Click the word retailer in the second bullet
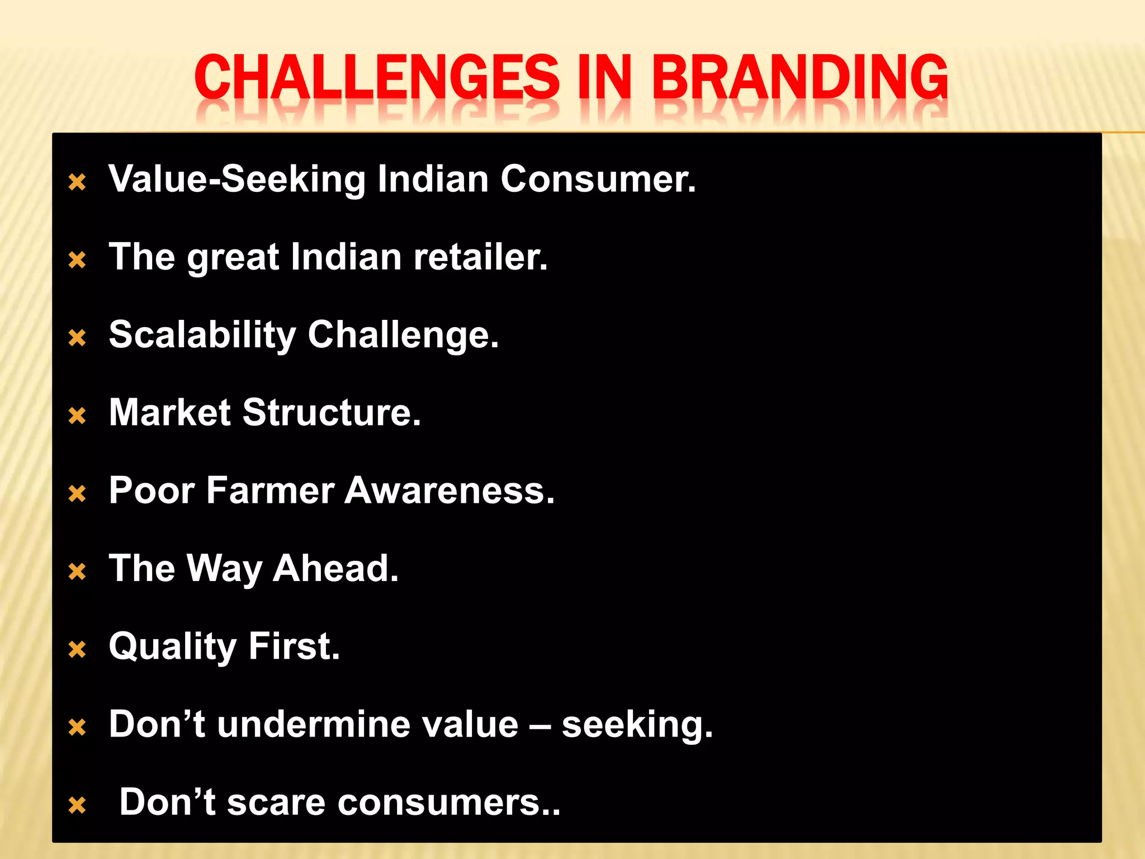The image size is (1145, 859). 480,257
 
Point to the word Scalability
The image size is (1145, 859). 202,335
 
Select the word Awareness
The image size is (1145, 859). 450,490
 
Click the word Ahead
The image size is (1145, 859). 335,568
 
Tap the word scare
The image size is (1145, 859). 276,802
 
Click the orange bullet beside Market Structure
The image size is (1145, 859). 77,416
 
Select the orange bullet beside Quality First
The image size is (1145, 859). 77,650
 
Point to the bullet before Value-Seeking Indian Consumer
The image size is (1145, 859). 77,182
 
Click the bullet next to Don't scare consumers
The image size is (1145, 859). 77,805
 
